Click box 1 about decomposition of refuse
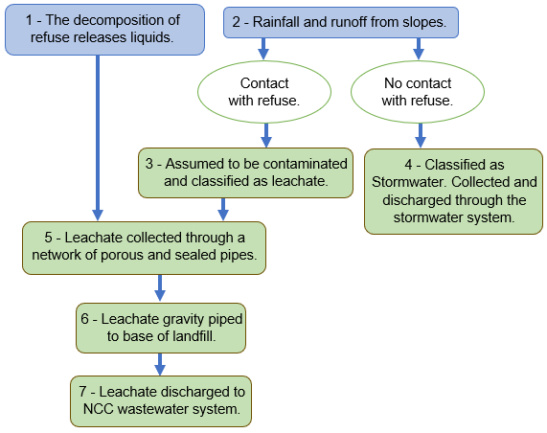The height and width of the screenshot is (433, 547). pos(104,30)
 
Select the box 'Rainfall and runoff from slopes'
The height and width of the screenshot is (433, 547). pos(341,22)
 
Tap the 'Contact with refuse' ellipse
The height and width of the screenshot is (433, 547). pos(264,92)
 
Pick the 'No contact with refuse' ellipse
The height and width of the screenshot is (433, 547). pos(418,92)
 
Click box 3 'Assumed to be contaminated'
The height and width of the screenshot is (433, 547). pos(245,172)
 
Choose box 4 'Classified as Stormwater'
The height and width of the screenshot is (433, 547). pos(454,192)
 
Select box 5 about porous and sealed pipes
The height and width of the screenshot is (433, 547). pos(144,248)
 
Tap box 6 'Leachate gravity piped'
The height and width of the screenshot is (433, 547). pos(161,328)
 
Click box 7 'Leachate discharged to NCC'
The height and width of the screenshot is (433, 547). pos(161,400)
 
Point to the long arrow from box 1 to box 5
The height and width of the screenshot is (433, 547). pos(98,138)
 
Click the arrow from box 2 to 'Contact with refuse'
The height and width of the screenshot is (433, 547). pos(263,49)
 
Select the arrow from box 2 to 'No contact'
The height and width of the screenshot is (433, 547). pos(419,49)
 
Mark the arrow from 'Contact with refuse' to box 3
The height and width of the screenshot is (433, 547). pos(266,135)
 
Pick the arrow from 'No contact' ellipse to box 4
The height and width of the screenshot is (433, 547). pos(421,135)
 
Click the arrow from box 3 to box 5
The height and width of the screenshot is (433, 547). pos(223,210)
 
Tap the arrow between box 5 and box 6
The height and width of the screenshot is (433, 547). pos(160,288)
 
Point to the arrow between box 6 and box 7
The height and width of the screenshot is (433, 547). pos(160,364)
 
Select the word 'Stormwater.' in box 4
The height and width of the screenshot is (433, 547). pos(410,182)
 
